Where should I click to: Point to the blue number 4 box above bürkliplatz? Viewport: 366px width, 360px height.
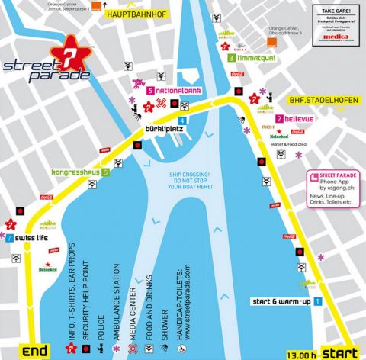coord(181,121)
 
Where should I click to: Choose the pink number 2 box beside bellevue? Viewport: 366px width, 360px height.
coord(280,119)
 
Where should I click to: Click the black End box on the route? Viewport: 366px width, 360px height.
coord(36,352)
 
